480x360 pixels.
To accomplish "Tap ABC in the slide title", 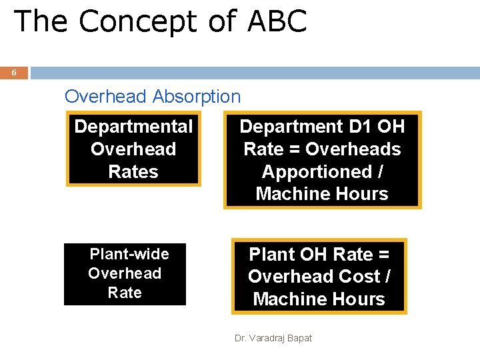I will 277,21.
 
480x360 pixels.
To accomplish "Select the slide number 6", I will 14,73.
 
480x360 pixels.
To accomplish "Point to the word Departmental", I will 133,127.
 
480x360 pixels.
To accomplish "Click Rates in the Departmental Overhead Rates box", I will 133,172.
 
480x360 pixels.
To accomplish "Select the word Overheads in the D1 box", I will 353,149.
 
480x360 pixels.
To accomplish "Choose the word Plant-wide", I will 129,254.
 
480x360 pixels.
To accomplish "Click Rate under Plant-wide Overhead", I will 125,293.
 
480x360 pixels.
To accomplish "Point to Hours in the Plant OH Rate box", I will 360,299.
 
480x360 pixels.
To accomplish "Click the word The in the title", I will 41,21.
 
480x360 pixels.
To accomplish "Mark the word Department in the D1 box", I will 289,127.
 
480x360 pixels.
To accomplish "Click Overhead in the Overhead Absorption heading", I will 105,96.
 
